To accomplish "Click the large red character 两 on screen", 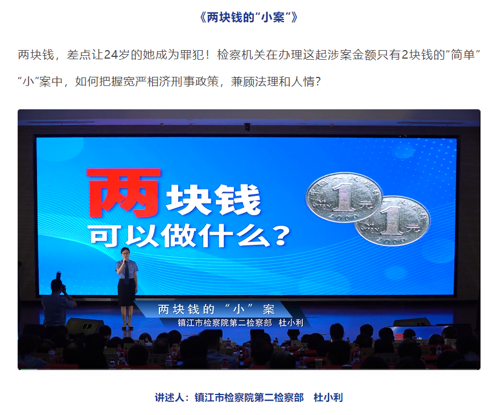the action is [x=124, y=193].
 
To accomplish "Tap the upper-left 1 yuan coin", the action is [x=344, y=197].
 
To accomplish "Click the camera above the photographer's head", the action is [x=59, y=276].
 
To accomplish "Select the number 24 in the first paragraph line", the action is [x=111, y=55].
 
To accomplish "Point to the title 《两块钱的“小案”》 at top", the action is [x=249, y=17].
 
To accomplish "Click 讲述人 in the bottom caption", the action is [x=169, y=397].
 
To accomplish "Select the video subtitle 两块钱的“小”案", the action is [x=216, y=309].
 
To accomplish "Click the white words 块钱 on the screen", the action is [x=213, y=200].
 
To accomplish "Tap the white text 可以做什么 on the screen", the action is [x=179, y=236].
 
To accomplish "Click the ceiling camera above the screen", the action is [x=247, y=126].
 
